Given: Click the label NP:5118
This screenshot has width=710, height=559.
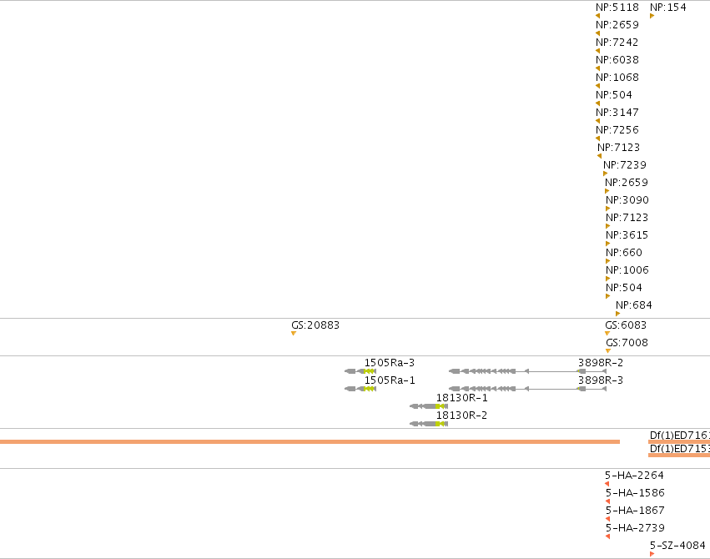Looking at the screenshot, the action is coord(617,8).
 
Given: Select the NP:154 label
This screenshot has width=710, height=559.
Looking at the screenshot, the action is coord(668,8).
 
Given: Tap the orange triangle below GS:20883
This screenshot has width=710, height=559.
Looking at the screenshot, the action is coord(294,334).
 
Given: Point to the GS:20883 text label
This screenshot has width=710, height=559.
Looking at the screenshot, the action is coord(315,325).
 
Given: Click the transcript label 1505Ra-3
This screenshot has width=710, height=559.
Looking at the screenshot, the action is coord(390,363).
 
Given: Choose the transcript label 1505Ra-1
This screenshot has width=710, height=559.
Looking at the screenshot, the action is coord(390,380).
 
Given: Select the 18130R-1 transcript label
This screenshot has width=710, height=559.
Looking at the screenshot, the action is coord(462,398).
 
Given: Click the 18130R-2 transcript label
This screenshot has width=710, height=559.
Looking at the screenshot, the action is coord(462,415).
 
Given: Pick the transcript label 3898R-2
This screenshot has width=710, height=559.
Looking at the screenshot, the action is coord(601,363).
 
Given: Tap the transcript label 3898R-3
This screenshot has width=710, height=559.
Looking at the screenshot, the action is coord(601,380).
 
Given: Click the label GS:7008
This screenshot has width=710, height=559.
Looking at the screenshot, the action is coord(627,343).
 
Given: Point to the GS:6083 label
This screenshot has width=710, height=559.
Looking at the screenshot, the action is coord(626,325).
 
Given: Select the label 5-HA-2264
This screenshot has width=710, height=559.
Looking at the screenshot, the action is coord(634,476).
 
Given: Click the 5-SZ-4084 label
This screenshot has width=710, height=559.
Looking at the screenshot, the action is coord(677,546).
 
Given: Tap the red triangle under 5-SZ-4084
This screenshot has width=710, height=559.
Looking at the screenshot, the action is coord(652,554).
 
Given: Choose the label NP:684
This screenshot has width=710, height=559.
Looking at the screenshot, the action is coord(634,305).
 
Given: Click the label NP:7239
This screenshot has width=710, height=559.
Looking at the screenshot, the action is coord(625,164).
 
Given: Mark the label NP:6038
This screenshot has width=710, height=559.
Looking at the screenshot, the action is coord(617,60).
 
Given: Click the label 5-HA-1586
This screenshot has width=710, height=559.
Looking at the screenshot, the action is coord(635,493).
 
